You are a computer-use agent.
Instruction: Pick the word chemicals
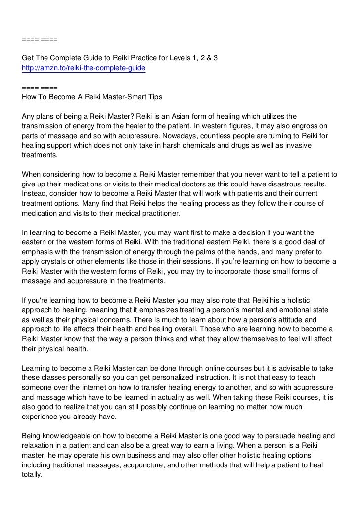203,144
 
